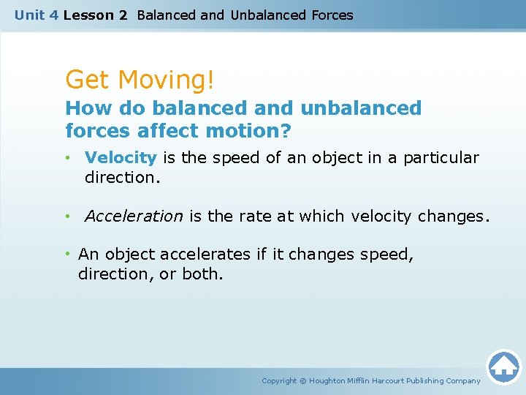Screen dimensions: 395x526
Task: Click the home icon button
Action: pyautogui.click(x=503, y=366)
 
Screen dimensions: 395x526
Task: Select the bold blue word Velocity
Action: pyautogui.click(x=121, y=157)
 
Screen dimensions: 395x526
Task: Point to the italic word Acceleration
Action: pyautogui.click(x=134, y=216)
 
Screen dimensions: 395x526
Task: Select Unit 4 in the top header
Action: pyautogui.click(x=37, y=15)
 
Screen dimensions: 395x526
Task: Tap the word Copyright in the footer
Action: pyautogui.click(x=279, y=380)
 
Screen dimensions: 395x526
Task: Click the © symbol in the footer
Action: pyautogui.click(x=303, y=380)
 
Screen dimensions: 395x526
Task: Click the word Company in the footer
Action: pyautogui.click(x=463, y=380)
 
